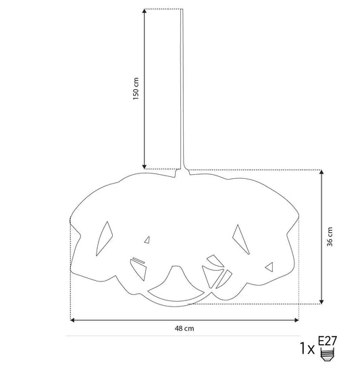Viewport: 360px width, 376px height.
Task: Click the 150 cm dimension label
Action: [136, 88]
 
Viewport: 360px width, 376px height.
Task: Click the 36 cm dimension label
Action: [330, 237]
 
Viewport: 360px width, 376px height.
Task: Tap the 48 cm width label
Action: [184, 328]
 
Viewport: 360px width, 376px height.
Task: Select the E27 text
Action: [328, 341]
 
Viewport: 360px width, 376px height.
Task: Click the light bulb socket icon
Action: [328, 354]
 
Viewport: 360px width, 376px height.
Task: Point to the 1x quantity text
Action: [307, 348]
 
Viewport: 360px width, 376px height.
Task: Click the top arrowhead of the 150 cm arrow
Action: [145, 11]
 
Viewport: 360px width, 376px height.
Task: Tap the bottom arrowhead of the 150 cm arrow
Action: [145, 167]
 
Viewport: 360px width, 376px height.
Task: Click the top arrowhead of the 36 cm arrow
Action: [322, 172]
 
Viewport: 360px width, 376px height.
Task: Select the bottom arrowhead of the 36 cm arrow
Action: [322, 302]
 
